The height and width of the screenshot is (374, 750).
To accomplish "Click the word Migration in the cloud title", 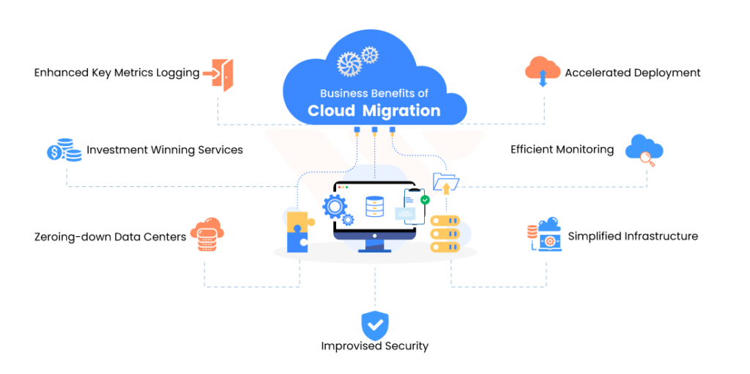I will (405, 111).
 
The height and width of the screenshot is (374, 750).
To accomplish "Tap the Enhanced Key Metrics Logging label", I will (116, 73).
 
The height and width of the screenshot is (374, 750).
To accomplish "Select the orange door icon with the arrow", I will (221, 73).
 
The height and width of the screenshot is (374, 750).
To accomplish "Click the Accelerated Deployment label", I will (632, 73).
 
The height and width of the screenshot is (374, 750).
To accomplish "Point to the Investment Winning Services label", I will (164, 150).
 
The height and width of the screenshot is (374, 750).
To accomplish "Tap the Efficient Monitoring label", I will (562, 150).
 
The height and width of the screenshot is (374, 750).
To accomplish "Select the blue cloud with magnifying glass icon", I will (644, 150).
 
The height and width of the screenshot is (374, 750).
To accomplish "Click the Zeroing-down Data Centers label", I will (110, 237).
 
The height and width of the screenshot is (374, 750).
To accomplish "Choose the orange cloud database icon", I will (207, 234).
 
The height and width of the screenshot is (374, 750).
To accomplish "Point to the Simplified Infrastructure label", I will (633, 236).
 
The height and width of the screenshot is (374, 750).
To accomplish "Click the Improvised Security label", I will (374, 345).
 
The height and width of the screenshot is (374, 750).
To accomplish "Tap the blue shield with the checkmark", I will (375, 324).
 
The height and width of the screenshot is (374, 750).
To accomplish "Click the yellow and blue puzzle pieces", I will (300, 231).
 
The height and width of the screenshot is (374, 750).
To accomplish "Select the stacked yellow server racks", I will (445, 234).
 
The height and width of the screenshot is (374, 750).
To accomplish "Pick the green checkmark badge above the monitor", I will (425, 199).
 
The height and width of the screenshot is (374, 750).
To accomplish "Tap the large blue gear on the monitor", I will (334, 206).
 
